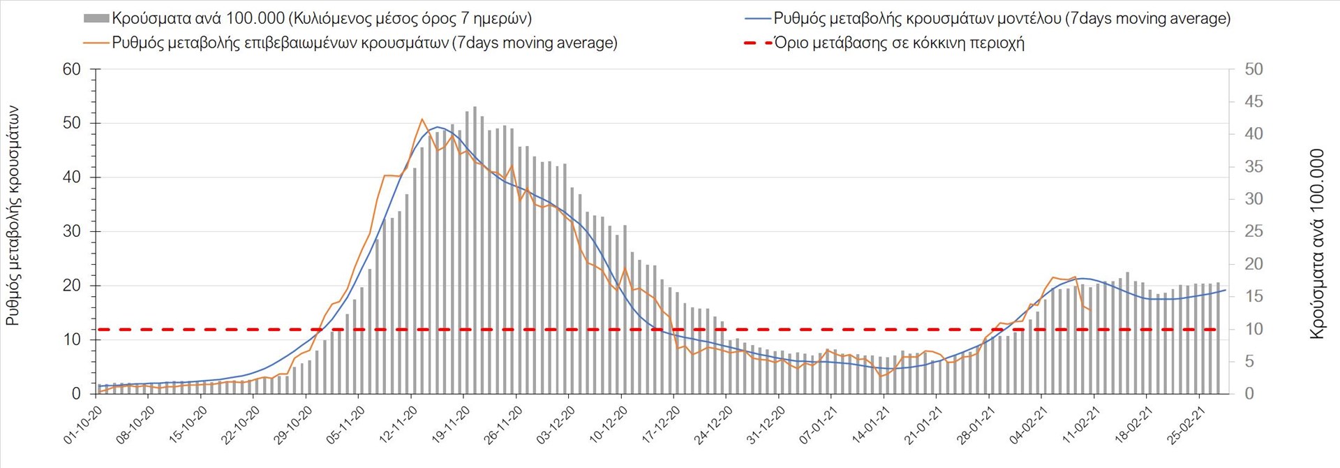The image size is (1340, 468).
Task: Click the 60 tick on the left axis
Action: tap(72, 69)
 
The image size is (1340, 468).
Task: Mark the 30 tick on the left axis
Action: tap(72, 231)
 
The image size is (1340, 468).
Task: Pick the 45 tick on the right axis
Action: tap(1253, 102)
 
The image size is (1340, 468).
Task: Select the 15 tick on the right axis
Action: tap(1253, 296)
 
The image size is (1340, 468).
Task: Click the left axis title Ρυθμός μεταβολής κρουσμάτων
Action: tap(13, 216)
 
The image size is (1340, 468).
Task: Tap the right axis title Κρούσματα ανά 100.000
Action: tap(1317, 244)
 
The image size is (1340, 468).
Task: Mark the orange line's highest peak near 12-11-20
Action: tap(422, 119)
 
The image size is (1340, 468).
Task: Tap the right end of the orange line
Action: tap(1091, 309)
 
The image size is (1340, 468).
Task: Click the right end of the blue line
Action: tap(1226, 290)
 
